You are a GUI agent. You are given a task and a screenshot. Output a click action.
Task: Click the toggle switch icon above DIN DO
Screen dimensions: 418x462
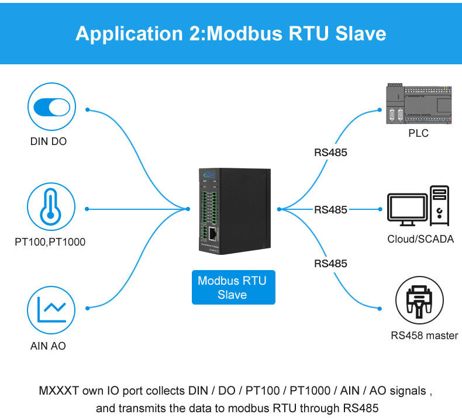point(51,108)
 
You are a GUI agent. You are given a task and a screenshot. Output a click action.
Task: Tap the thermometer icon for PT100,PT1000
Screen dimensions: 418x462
point(51,209)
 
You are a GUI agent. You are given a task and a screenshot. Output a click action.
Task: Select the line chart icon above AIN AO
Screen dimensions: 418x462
point(51,309)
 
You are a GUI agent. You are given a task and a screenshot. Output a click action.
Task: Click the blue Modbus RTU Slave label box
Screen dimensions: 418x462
point(233,288)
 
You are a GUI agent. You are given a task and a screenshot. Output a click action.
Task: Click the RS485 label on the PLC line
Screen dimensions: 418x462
point(330,153)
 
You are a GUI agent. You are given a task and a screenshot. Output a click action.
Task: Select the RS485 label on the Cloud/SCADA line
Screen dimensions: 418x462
point(330,209)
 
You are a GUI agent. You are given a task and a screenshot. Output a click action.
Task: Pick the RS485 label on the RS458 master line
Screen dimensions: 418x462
point(330,264)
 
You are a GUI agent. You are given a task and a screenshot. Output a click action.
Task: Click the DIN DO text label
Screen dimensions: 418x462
point(51,141)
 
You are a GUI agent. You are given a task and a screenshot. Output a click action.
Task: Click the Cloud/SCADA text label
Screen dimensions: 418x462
point(420,239)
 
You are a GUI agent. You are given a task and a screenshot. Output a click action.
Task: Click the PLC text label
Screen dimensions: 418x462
point(418,133)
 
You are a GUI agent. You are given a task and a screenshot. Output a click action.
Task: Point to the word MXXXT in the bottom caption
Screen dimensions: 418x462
point(58,390)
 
